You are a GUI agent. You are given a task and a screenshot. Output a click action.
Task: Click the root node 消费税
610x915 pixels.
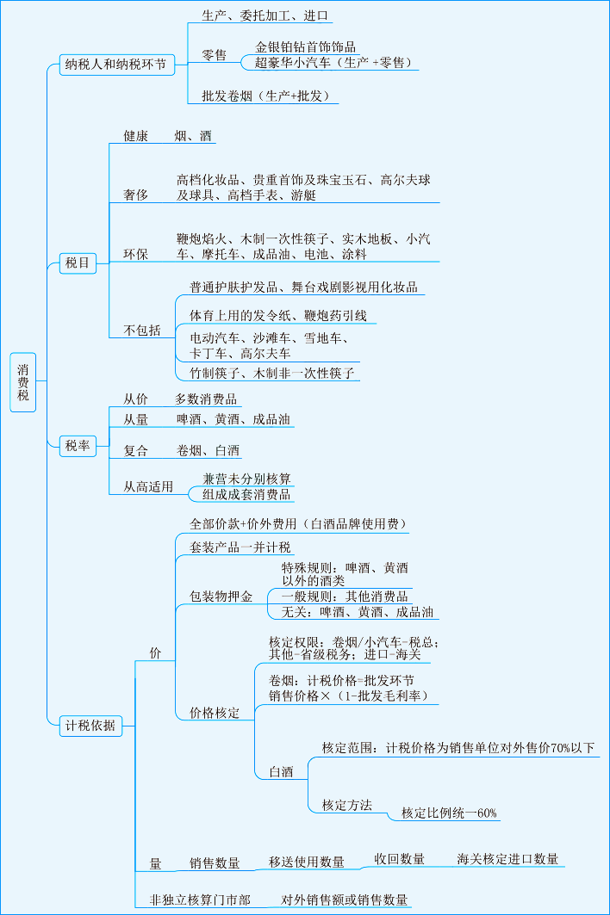click(x=23, y=382)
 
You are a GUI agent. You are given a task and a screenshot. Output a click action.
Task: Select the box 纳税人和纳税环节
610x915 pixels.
click(x=115, y=65)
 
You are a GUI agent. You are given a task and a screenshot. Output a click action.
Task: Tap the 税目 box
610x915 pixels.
click(x=78, y=263)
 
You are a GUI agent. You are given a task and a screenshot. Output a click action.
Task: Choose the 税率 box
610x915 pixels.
click(x=78, y=445)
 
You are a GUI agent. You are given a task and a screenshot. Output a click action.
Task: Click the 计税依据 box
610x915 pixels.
click(x=90, y=725)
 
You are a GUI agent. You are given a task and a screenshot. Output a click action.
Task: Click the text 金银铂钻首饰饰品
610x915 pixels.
click(x=306, y=47)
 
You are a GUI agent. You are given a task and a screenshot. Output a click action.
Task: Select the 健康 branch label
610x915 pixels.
click(x=135, y=136)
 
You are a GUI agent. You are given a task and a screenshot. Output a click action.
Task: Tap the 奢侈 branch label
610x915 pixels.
click(x=135, y=195)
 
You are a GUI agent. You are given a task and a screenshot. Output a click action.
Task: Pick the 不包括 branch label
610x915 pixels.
click(x=142, y=331)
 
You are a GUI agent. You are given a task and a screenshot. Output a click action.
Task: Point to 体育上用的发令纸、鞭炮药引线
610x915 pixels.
click(x=278, y=316)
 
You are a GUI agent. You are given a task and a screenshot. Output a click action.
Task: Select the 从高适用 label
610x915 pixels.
click(x=148, y=487)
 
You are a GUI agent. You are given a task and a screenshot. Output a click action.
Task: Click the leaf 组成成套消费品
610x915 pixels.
click(x=246, y=494)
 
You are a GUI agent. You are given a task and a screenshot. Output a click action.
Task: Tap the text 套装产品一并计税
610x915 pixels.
click(x=240, y=547)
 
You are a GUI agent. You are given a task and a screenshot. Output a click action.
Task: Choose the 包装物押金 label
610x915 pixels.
click(x=221, y=597)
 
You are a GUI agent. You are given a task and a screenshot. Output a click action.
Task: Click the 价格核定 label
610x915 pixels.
click(x=215, y=713)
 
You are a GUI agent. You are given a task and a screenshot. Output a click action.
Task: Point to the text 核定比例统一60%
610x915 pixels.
click(x=449, y=813)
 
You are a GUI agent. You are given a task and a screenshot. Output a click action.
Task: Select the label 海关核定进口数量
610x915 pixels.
click(x=507, y=858)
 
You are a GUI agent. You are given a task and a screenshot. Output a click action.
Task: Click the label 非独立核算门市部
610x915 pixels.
click(x=200, y=900)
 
